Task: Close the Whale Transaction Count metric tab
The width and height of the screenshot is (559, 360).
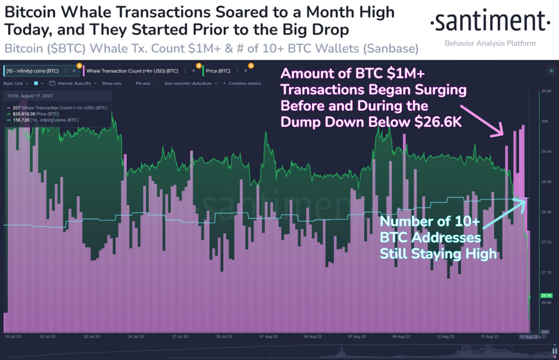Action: [193, 70]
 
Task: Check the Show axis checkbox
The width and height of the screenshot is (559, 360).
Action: [127, 84]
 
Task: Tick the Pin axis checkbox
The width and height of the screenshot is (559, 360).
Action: [158, 84]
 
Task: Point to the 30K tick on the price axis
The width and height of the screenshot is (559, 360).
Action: [544, 121]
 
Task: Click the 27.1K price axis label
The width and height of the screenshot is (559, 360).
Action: [546, 272]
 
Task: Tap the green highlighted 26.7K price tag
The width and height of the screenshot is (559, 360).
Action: [546, 295]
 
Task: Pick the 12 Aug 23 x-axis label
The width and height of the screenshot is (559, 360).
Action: [446, 337]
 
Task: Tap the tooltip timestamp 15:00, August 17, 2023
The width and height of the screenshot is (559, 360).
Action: [30, 96]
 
